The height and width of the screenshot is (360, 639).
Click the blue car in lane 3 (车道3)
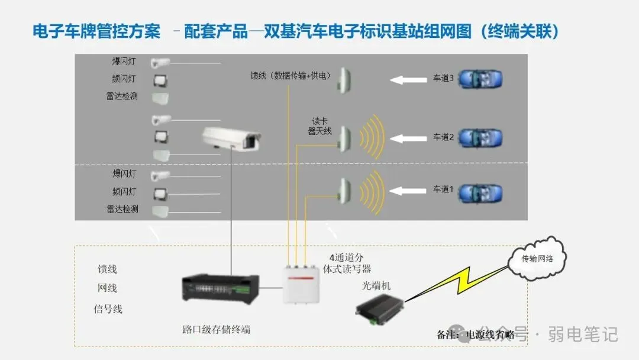[481, 79]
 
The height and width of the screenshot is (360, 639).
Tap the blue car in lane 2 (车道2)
[481, 138]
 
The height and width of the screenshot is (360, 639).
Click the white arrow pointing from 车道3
[410, 79]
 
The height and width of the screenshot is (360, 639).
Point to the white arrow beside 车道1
[410, 191]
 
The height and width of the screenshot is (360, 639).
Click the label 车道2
[443, 137]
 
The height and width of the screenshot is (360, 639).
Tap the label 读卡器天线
[319, 126]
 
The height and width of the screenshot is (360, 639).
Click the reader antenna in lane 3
[344, 80]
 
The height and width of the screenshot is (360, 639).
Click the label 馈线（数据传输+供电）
[291, 76]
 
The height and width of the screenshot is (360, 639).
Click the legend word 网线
[108, 288]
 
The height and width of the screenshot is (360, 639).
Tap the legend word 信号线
[108, 308]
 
